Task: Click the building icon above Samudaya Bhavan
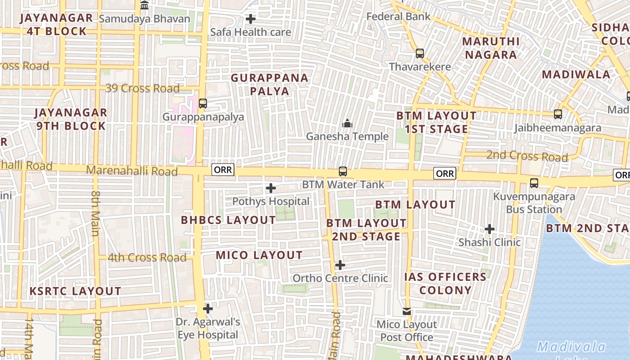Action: tap(144, 5)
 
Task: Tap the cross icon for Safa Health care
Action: tap(251, 19)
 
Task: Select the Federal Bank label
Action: tap(398, 17)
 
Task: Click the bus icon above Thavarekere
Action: tap(420, 54)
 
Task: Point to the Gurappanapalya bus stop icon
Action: tap(203, 103)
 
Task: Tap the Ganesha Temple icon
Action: tap(347, 123)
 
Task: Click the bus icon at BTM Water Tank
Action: tap(343, 171)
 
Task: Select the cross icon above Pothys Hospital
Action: tap(271, 188)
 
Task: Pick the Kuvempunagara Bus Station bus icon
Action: tap(534, 183)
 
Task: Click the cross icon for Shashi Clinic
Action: tap(490, 229)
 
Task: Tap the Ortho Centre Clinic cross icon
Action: tap(340, 265)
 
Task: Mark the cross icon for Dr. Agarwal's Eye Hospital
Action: tap(208, 309)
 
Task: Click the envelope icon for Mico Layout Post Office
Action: tap(407, 311)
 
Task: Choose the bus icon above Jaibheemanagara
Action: tap(558, 114)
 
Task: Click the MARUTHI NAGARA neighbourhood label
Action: tap(491, 48)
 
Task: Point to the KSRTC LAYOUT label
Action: tap(76, 291)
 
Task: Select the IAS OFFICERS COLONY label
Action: tap(445, 283)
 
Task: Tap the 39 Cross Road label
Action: tap(142, 88)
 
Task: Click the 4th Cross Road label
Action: tap(147, 258)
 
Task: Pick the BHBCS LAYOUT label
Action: tap(228, 220)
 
